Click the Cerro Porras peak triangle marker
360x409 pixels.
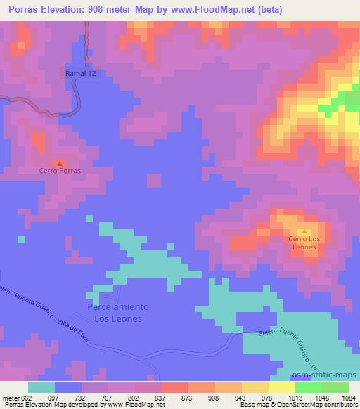(x=60, y=162)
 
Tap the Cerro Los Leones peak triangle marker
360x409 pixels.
(x=304, y=231)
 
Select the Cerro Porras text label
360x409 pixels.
(x=60, y=171)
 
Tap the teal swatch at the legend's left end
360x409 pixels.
(x=41, y=387)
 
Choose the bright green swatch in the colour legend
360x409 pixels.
(x=308, y=387)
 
